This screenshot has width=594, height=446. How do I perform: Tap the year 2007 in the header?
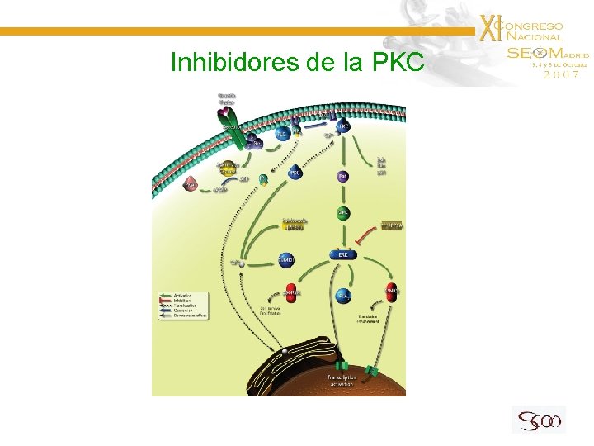click(560, 74)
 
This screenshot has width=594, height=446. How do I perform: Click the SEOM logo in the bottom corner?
click(538, 420)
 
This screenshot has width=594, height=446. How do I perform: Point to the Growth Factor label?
click(228, 98)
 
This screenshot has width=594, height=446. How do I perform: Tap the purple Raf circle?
click(342, 176)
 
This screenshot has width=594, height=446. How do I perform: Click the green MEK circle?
click(343, 213)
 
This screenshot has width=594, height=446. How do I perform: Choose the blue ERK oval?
click(343, 255)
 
